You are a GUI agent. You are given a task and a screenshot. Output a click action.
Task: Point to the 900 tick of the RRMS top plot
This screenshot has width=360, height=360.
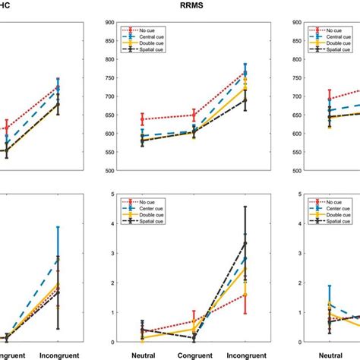pos(106,23)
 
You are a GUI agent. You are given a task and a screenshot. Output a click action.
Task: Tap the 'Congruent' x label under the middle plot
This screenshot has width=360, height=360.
pos(194,354)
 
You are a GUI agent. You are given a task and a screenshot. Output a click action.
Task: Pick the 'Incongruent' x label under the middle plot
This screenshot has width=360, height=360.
pos(245,354)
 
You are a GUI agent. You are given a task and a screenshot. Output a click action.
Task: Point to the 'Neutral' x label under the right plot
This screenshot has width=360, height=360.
pos(329,354)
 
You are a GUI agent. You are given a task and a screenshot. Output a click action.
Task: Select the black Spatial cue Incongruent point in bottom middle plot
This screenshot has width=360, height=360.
pos(245,243)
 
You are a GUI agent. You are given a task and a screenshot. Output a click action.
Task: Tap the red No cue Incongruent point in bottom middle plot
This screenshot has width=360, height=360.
pos(245,294)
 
